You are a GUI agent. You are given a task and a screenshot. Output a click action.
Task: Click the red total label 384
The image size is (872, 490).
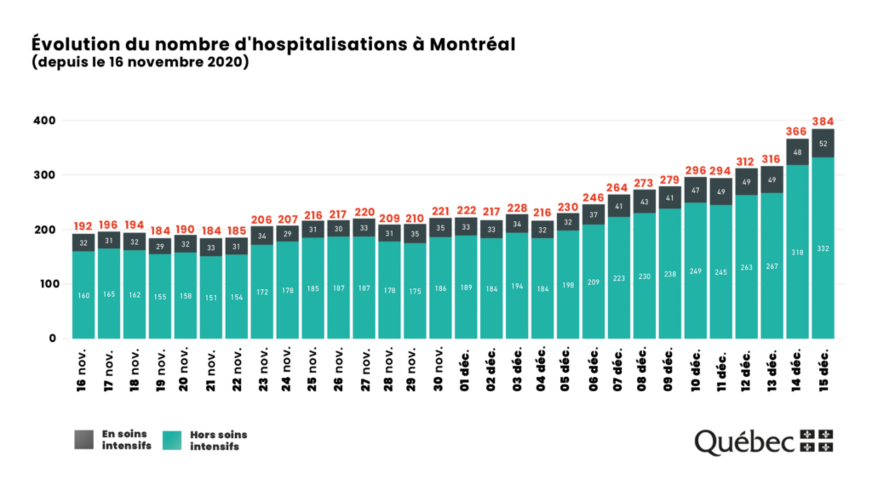(x=823, y=122)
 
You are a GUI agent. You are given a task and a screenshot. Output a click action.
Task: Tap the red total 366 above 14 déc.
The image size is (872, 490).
(x=796, y=132)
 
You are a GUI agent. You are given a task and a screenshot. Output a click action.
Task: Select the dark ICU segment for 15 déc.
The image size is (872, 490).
(x=823, y=150)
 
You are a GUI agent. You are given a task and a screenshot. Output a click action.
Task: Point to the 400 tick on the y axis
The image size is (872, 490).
(x=44, y=121)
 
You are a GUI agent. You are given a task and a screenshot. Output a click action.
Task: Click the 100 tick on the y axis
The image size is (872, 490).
(x=49, y=284)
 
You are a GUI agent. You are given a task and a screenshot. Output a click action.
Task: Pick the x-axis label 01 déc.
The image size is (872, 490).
(x=465, y=370)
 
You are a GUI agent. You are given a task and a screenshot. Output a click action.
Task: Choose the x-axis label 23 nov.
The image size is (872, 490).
(x=263, y=369)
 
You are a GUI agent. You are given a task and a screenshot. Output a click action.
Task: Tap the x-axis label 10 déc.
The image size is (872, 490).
(x=695, y=370)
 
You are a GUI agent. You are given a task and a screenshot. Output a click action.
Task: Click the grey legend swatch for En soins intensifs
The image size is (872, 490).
(x=84, y=439)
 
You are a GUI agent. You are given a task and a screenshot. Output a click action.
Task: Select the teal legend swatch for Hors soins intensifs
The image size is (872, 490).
(x=172, y=440)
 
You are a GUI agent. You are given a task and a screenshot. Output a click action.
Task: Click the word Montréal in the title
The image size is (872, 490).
(x=472, y=44)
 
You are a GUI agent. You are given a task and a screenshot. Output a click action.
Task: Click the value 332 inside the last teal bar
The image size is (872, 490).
(x=823, y=249)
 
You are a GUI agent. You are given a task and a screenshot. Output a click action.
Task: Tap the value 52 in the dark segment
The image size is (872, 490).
(x=823, y=144)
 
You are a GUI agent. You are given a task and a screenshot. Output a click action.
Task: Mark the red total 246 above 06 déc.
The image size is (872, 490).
(x=593, y=198)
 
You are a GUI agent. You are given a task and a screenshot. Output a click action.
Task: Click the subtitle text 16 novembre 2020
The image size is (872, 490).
(x=181, y=62)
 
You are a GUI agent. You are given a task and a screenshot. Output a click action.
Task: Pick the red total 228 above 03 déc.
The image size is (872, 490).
(x=517, y=208)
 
